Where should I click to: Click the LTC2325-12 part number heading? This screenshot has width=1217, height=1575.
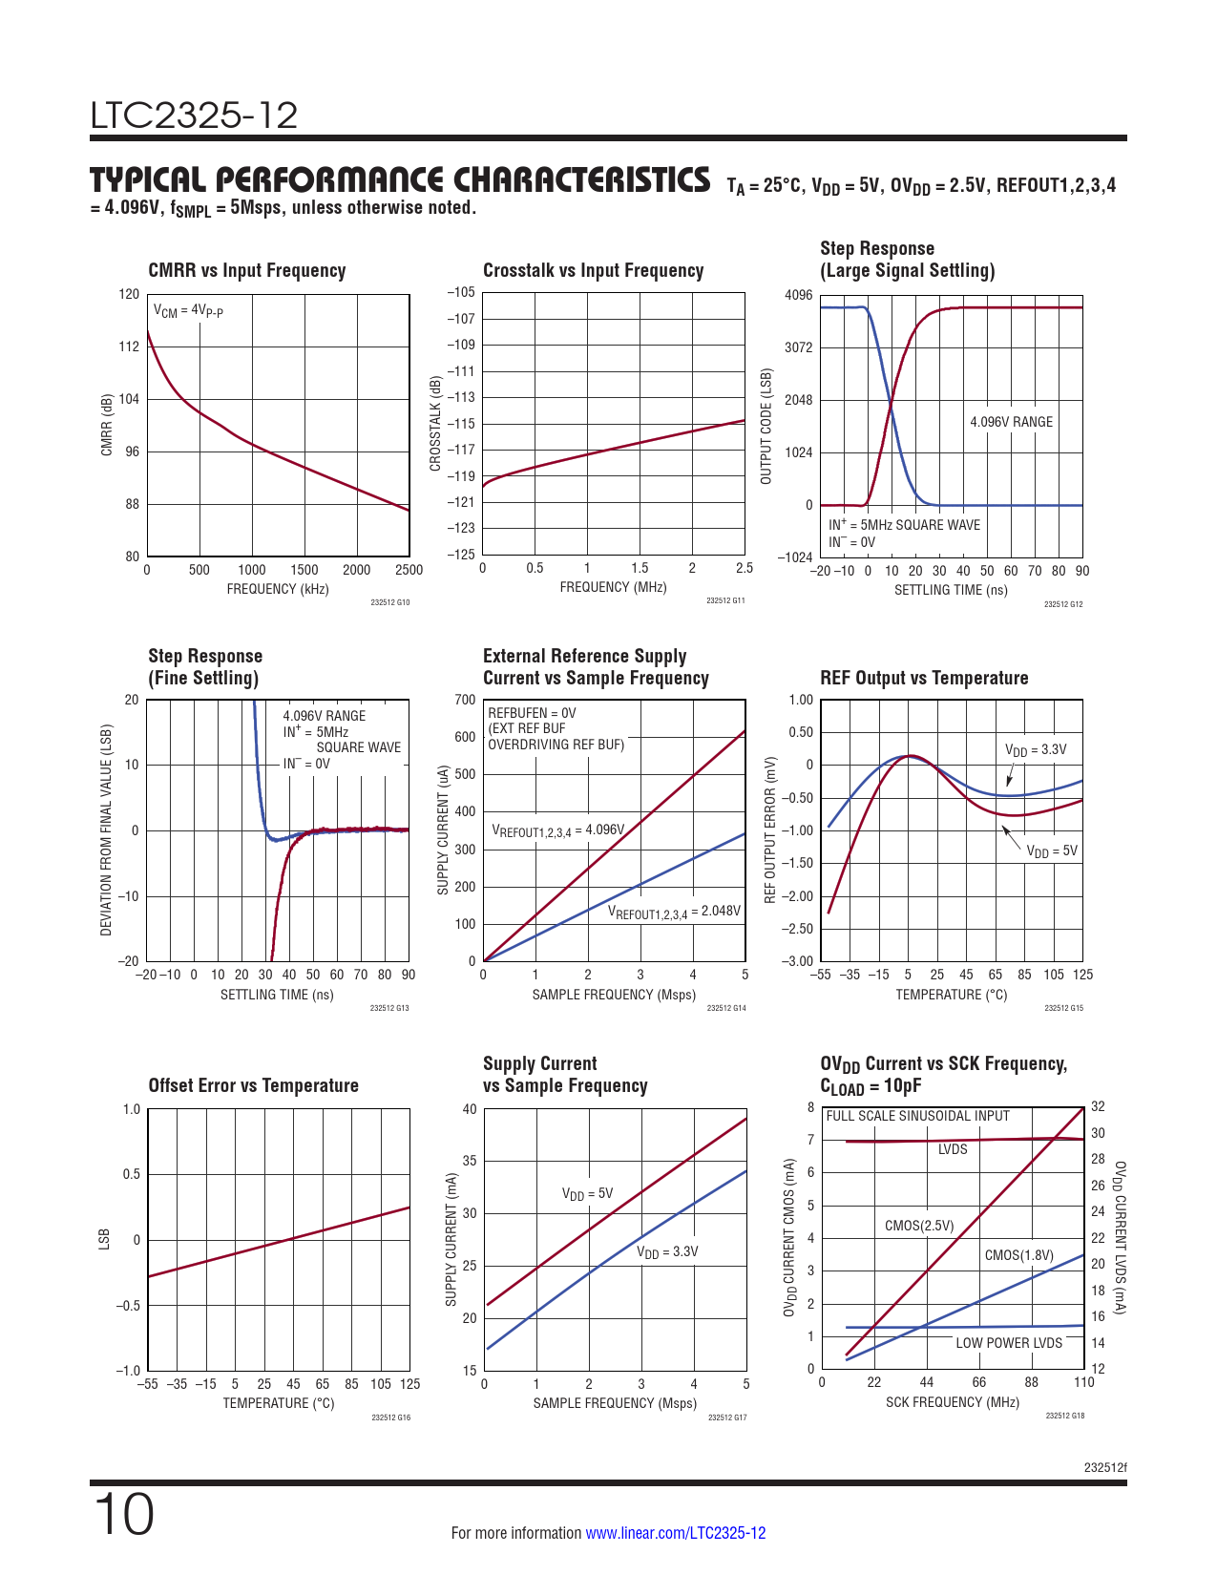[x=194, y=115]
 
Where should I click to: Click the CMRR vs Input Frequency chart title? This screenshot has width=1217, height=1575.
[x=246, y=271]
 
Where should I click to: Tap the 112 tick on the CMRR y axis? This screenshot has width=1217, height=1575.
[x=129, y=346]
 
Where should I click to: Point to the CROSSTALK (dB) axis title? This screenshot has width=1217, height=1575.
[x=435, y=423]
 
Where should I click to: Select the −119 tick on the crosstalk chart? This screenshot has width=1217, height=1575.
[x=461, y=476]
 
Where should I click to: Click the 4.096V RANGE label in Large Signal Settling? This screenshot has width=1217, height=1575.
[x=1011, y=422]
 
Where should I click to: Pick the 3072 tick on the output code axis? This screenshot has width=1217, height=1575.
[x=798, y=347]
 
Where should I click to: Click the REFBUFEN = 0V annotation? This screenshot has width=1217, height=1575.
[x=532, y=713]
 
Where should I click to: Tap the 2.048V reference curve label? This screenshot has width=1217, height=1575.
[x=674, y=912]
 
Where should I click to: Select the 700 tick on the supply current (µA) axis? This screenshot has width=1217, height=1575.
[x=465, y=700]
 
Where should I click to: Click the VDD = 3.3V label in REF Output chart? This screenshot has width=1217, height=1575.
[x=1036, y=750]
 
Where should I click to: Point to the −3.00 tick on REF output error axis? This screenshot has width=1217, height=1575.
[x=799, y=961]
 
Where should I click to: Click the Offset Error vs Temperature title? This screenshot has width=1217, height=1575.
[x=253, y=1086]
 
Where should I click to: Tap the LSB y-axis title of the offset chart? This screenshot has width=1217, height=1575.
[x=104, y=1239]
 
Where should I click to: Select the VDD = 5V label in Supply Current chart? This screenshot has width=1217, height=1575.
[x=587, y=1194]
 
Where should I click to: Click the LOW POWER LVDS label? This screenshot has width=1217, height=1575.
[x=1009, y=1343]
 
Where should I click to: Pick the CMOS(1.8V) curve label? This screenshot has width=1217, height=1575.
[x=1018, y=1255]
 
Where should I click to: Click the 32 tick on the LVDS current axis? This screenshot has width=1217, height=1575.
[x=1098, y=1107]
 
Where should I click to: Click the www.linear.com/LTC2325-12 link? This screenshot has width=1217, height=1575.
[x=675, y=1533]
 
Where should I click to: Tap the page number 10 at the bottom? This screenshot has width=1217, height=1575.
[x=124, y=1515]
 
